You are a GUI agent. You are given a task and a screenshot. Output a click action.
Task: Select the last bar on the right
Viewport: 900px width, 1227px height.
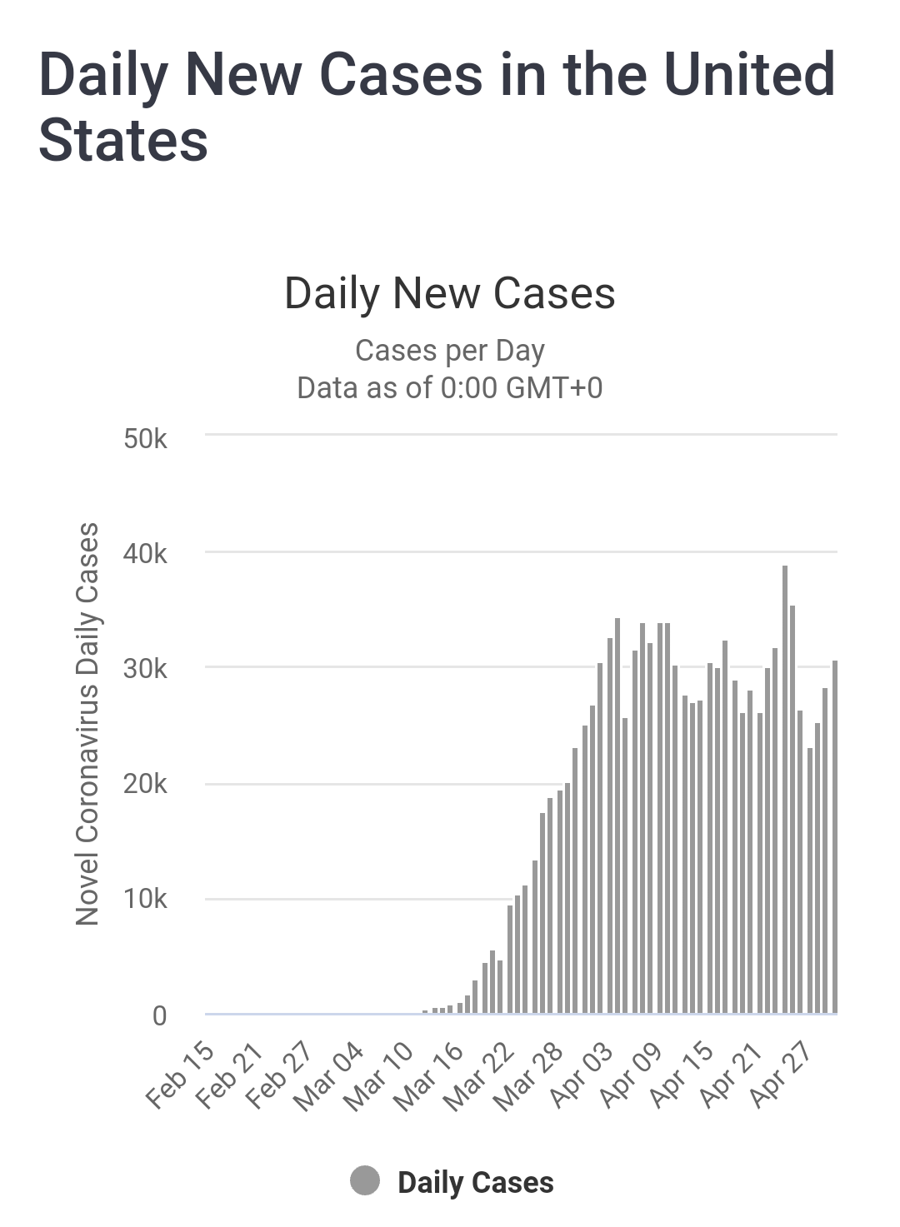834,836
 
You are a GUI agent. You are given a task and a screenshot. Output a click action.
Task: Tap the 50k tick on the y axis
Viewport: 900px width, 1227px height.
146,438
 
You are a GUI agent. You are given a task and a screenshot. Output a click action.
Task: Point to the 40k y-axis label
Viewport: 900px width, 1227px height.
146,554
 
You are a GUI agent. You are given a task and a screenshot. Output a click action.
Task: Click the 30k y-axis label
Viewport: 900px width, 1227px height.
146,669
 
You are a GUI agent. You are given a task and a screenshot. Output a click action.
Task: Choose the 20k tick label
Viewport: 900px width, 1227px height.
146,785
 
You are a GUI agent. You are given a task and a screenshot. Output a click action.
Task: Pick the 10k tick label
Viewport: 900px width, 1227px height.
146,900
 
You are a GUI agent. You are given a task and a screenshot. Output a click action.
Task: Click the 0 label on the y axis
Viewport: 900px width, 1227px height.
159,1015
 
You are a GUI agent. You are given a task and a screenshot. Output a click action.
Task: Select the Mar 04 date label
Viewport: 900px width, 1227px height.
330,1076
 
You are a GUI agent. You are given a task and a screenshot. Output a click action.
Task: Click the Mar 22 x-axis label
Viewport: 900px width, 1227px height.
480,1076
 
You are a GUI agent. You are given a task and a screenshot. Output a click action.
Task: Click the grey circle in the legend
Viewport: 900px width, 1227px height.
365,1180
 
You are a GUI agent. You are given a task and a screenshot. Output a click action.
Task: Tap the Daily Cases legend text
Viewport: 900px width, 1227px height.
475,1183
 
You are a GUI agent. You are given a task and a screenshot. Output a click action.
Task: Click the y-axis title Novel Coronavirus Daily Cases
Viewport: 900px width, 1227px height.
87,723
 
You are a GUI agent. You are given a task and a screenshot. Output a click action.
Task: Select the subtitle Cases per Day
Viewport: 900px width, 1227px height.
450,351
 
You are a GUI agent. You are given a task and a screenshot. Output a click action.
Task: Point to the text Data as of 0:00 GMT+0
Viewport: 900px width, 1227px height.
450,388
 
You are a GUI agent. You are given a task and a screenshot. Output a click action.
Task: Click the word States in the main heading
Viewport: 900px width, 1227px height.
123,140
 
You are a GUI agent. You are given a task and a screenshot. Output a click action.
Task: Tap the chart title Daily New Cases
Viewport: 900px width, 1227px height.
450,293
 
